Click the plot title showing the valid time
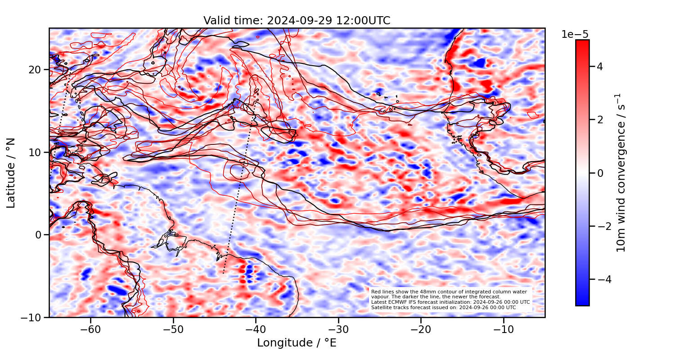click(x=297, y=21)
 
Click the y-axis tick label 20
click(x=36, y=70)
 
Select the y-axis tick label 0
click(x=39, y=235)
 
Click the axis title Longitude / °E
click(x=297, y=343)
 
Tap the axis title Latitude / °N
click(x=11, y=173)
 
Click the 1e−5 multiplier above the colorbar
click(x=575, y=35)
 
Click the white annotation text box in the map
click(x=450, y=300)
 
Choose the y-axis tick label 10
click(x=36, y=153)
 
